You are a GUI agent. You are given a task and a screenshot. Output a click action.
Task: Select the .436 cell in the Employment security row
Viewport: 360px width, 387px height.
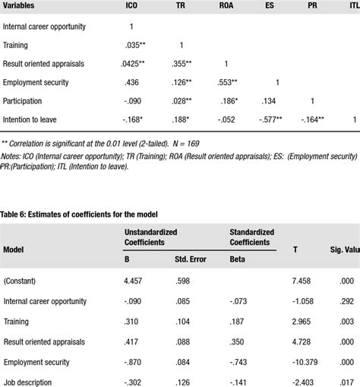[131, 82]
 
